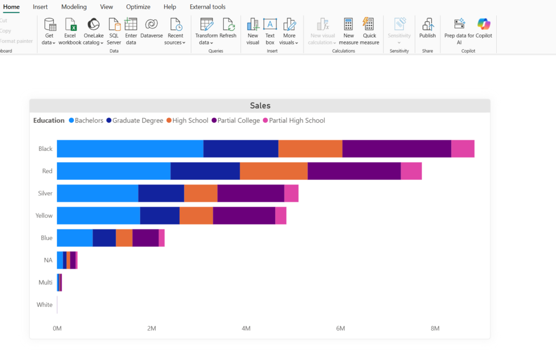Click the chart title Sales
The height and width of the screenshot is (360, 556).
[260, 105]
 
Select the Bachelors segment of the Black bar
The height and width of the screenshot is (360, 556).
[130, 149]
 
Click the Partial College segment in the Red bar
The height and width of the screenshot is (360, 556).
[354, 171]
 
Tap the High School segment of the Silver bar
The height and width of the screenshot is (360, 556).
[201, 193]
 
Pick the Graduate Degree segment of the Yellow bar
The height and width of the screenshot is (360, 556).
[160, 216]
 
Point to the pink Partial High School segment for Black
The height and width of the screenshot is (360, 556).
[463, 149]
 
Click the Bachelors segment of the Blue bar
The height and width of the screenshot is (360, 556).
[75, 238]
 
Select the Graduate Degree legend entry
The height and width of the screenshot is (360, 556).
[135, 120]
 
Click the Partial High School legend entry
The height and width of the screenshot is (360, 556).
[294, 120]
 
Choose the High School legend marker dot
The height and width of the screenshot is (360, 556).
[169, 120]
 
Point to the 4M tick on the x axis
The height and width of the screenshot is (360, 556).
[246, 329]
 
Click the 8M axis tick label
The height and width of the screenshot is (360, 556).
[435, 329]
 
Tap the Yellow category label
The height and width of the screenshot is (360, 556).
[44, 216]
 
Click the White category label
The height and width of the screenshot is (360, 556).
[45, 305]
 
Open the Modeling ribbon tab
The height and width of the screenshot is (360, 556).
[74, 7]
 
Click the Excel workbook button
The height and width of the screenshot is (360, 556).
[70, 31]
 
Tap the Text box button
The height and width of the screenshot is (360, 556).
[270, 31]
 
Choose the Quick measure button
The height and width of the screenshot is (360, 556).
[369, 31]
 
